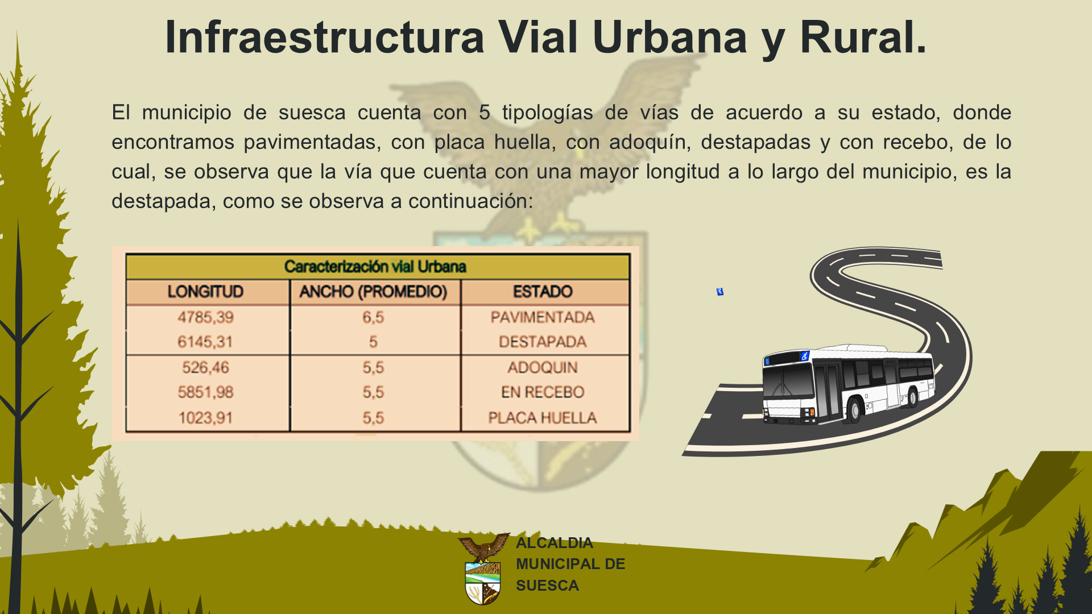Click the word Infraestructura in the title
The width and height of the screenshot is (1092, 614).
tap(325, 37)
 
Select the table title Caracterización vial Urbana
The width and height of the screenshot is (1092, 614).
tap(375, 267)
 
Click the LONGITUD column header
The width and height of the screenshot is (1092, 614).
tap(205, 292)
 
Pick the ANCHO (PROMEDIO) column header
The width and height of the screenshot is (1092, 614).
tap(373, 292)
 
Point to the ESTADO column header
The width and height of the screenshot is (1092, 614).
tap(543, 292)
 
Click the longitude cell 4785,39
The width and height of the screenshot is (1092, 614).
tap(205, 317)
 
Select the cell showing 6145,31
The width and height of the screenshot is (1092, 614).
tap(205, 342)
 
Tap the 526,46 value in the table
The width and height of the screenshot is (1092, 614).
tap(205, 367)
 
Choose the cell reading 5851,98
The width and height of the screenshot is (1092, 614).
tap(205, 392)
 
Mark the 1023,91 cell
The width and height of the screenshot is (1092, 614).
tap(205, 418)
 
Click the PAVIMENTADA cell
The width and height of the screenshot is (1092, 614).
tap(543, 317)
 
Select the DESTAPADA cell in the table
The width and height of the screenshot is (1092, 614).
tap(543, 342)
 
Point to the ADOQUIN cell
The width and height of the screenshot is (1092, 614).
tap(543, 367)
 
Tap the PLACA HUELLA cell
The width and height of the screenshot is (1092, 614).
tap(543, 418)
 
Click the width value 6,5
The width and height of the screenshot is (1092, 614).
tap(373, 317)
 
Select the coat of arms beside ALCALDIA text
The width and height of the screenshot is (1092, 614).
tap(483, 569)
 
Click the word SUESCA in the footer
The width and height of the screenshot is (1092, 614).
tap(547, 586)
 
